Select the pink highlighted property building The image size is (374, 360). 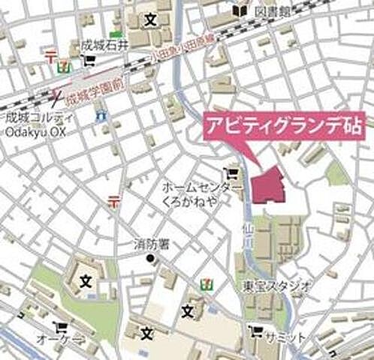(269, 184)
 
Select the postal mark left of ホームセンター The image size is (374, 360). (114, 199)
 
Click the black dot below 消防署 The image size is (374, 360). (149, 259)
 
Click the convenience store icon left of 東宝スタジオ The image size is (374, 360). (205, 284)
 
